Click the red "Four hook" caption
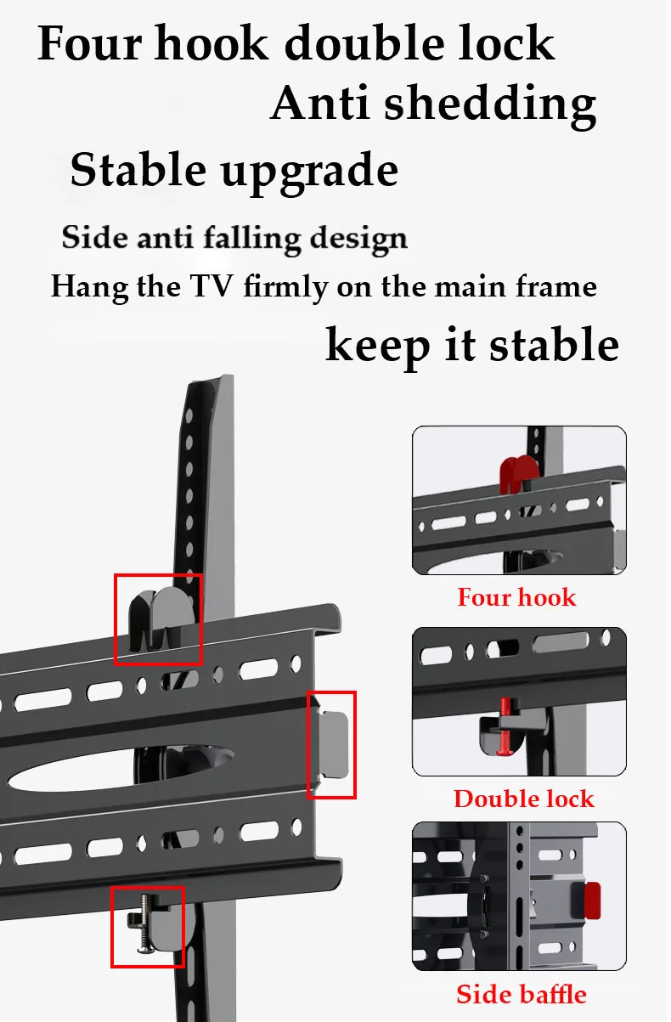point(516,597)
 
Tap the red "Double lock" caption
point(523,799)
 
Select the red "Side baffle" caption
point(521,994)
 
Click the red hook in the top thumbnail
point(519,473)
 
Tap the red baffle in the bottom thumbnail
point(592,901)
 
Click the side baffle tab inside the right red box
point(333,743)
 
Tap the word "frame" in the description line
point(561,286)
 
